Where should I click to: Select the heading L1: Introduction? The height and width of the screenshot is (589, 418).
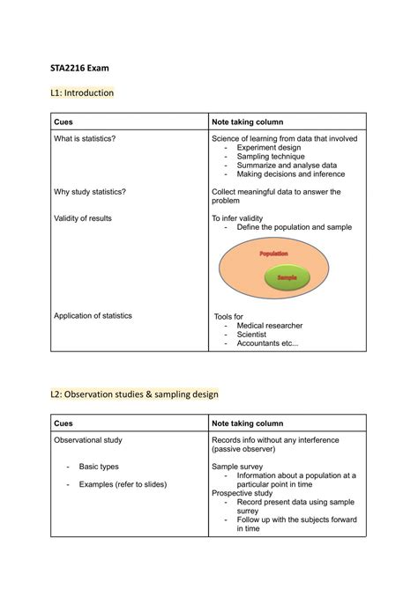[x=82, y=92]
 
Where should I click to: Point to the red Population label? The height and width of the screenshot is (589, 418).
[x=273, y=254]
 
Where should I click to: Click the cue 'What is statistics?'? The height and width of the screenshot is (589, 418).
[x=85, y=139]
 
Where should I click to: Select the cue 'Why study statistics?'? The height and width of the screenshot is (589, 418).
[x=90, y=191]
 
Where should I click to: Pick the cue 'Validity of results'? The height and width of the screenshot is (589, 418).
[x=83, y=217]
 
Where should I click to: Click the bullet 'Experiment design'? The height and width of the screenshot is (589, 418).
[x=268, y=148]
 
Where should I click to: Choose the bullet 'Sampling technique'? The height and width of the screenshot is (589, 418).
[x=270, y=157]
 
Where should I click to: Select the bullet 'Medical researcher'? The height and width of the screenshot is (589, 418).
[x=269, y=325]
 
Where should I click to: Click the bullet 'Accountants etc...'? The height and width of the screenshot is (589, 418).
[x=267, y=343]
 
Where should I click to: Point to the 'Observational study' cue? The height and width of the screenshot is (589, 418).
[x=88, y=440]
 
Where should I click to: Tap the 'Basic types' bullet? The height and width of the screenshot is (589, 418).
[x=99, y=467]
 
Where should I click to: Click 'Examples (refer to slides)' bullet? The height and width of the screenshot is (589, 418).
[x=123, y=484]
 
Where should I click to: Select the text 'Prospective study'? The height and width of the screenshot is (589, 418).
[x=243, y=493]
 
